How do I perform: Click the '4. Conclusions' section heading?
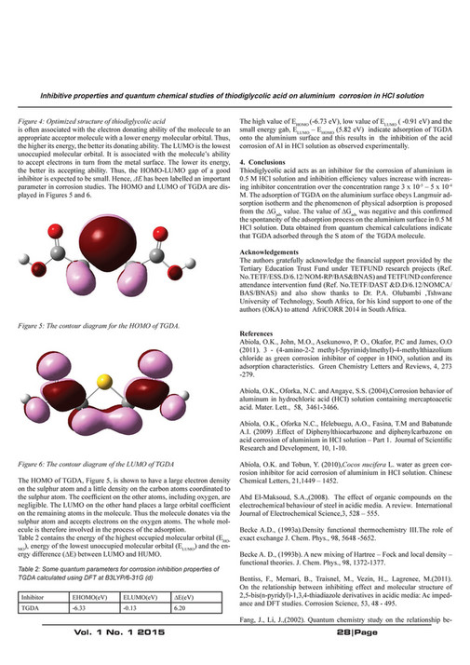point(268,164)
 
